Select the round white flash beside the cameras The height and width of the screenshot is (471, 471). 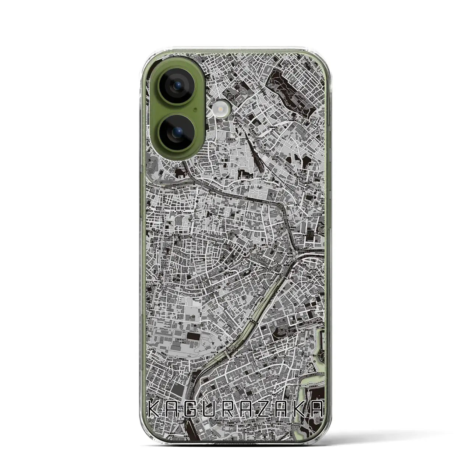(x=221, y=107)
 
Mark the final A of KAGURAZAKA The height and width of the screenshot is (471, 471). (x=317, y=409)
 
